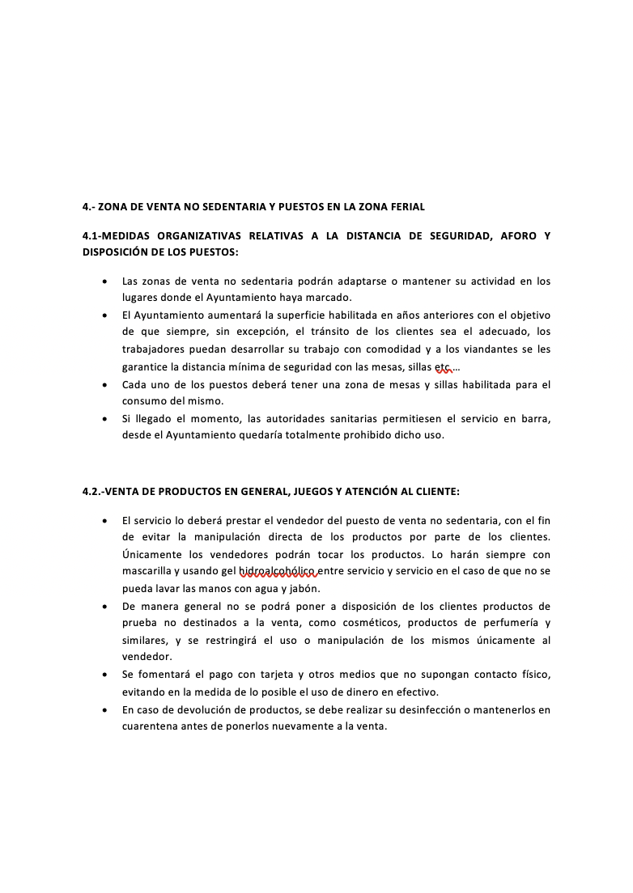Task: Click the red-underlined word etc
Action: pyautogui.click(x=443, y=366)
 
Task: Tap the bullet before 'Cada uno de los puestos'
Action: pyautogui.click(x=105, y=384)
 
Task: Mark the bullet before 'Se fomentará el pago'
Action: pyautogui.click(x=105, y=675)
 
